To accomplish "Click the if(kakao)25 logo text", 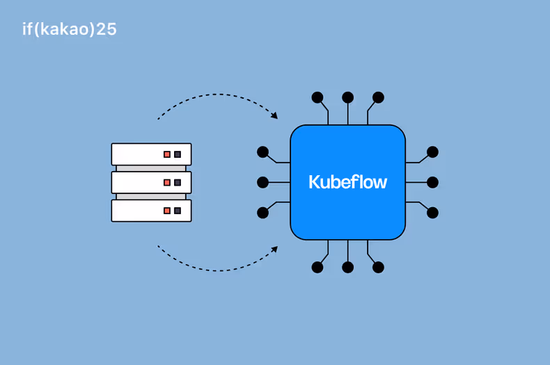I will click(69, 29).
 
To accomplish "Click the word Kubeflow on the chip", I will click(347, 182).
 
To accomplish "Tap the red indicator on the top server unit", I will click(167, 154).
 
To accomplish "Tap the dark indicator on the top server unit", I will click(178, 154).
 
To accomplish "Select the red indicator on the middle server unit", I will click(167, 183).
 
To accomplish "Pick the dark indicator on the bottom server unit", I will click(178, 211).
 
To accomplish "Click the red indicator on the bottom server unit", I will click(167, 211).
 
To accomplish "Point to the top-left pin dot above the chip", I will click(317, 97).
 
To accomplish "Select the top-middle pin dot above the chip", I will click(348, 97).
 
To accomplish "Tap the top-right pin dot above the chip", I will click(378, 97).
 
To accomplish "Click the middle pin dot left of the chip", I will click(262, 182).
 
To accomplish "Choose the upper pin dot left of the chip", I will click(262, 152).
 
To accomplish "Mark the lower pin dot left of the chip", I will click(262, 213).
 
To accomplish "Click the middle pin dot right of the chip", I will click(432, 182).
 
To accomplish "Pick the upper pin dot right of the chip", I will click(432, 152).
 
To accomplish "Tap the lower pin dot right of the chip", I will click(432, 213).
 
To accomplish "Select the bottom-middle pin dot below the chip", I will click(348, 267).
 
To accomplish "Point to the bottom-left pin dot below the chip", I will click(317, 267).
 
